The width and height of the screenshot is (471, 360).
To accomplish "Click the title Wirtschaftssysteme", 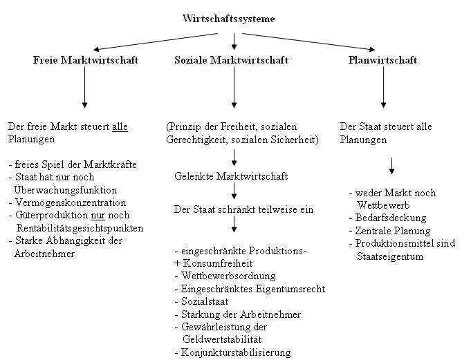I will pos(228,19).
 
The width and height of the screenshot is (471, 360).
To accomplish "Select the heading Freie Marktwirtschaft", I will pos(86,60).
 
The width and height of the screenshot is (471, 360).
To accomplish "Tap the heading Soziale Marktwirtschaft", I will pos(231,60).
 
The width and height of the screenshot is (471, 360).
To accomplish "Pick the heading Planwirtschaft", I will pos(382,60).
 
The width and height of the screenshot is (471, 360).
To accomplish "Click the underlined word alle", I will pos(120,127).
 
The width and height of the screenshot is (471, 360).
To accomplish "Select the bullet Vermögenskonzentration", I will pos(70,202).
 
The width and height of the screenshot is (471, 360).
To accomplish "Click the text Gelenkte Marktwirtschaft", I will pos(231,176).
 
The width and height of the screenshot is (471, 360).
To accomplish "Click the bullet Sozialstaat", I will pos(205,302).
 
